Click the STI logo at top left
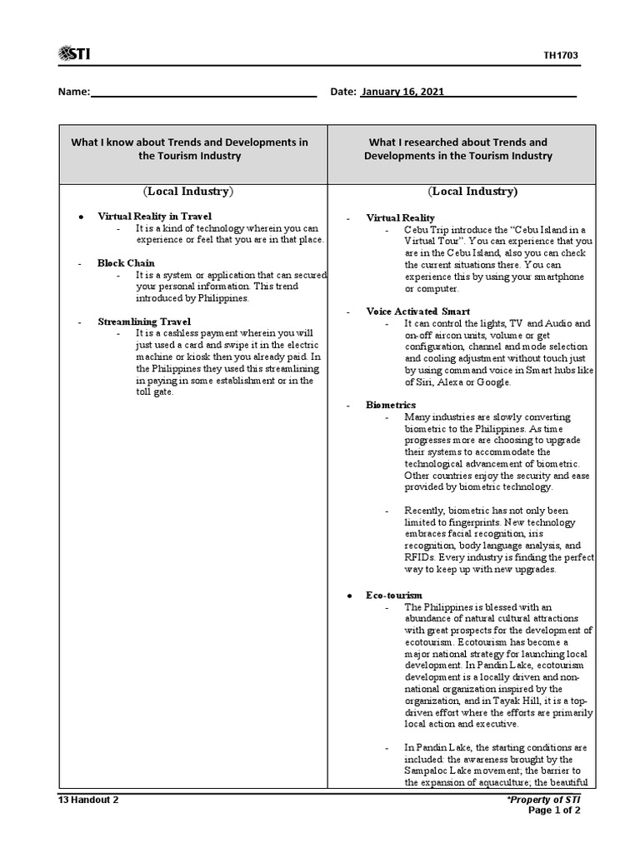click(74, 54)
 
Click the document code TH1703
click(561, 56)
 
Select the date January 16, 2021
click(398, 92)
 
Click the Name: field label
click(73, 92)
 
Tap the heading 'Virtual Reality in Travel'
click(154, 216)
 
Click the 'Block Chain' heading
click(126, 262)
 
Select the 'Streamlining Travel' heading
click(144, 321)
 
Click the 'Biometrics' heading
click(391, 405)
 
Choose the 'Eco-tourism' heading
click(394, 595)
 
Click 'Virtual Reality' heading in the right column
click(400, 217)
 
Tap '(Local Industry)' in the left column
click(188, 192)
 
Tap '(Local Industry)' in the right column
click(472, 192)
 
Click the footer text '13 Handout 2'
click(88, 800)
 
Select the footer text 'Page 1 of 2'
click(555, 811)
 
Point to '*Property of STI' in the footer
click(543, 800)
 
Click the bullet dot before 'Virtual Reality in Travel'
click(81, 217)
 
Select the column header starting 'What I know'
click(189, 149)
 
